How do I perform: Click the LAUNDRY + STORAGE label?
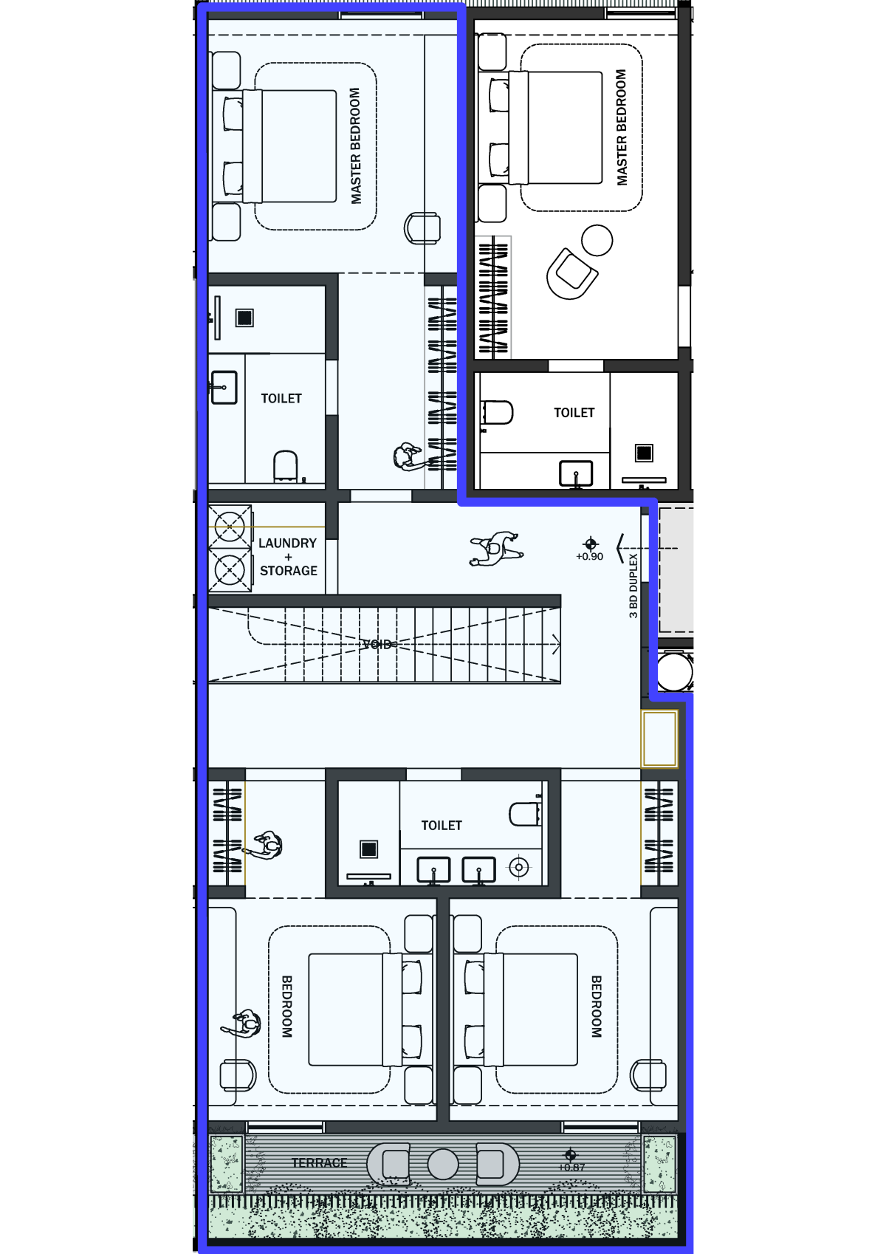(x=288, y=557)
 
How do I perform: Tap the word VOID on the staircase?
(x=377, y=644)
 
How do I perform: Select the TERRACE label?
(x=319, y=1162)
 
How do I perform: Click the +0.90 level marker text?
(x=589, y=556)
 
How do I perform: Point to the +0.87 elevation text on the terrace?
(x=571, y=1168)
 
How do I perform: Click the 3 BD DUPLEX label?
(x=633, y=586)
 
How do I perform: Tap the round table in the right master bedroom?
(x=597, y=240)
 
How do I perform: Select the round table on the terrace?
(x=443, y=1164)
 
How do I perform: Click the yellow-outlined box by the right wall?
(x=659, y=739)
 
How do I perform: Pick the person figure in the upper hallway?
(x=495, y=549)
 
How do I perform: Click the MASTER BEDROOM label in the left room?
(x=355, y=145)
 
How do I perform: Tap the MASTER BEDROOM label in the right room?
(x=621, y=128)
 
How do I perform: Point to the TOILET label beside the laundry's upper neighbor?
(x=281, y=398)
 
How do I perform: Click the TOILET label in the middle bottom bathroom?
(x=442, y=825)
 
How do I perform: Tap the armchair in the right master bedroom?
(x=571, y=274)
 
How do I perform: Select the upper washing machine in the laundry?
(x=230, y=527)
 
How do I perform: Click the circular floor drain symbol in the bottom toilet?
(x=519, y=867)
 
